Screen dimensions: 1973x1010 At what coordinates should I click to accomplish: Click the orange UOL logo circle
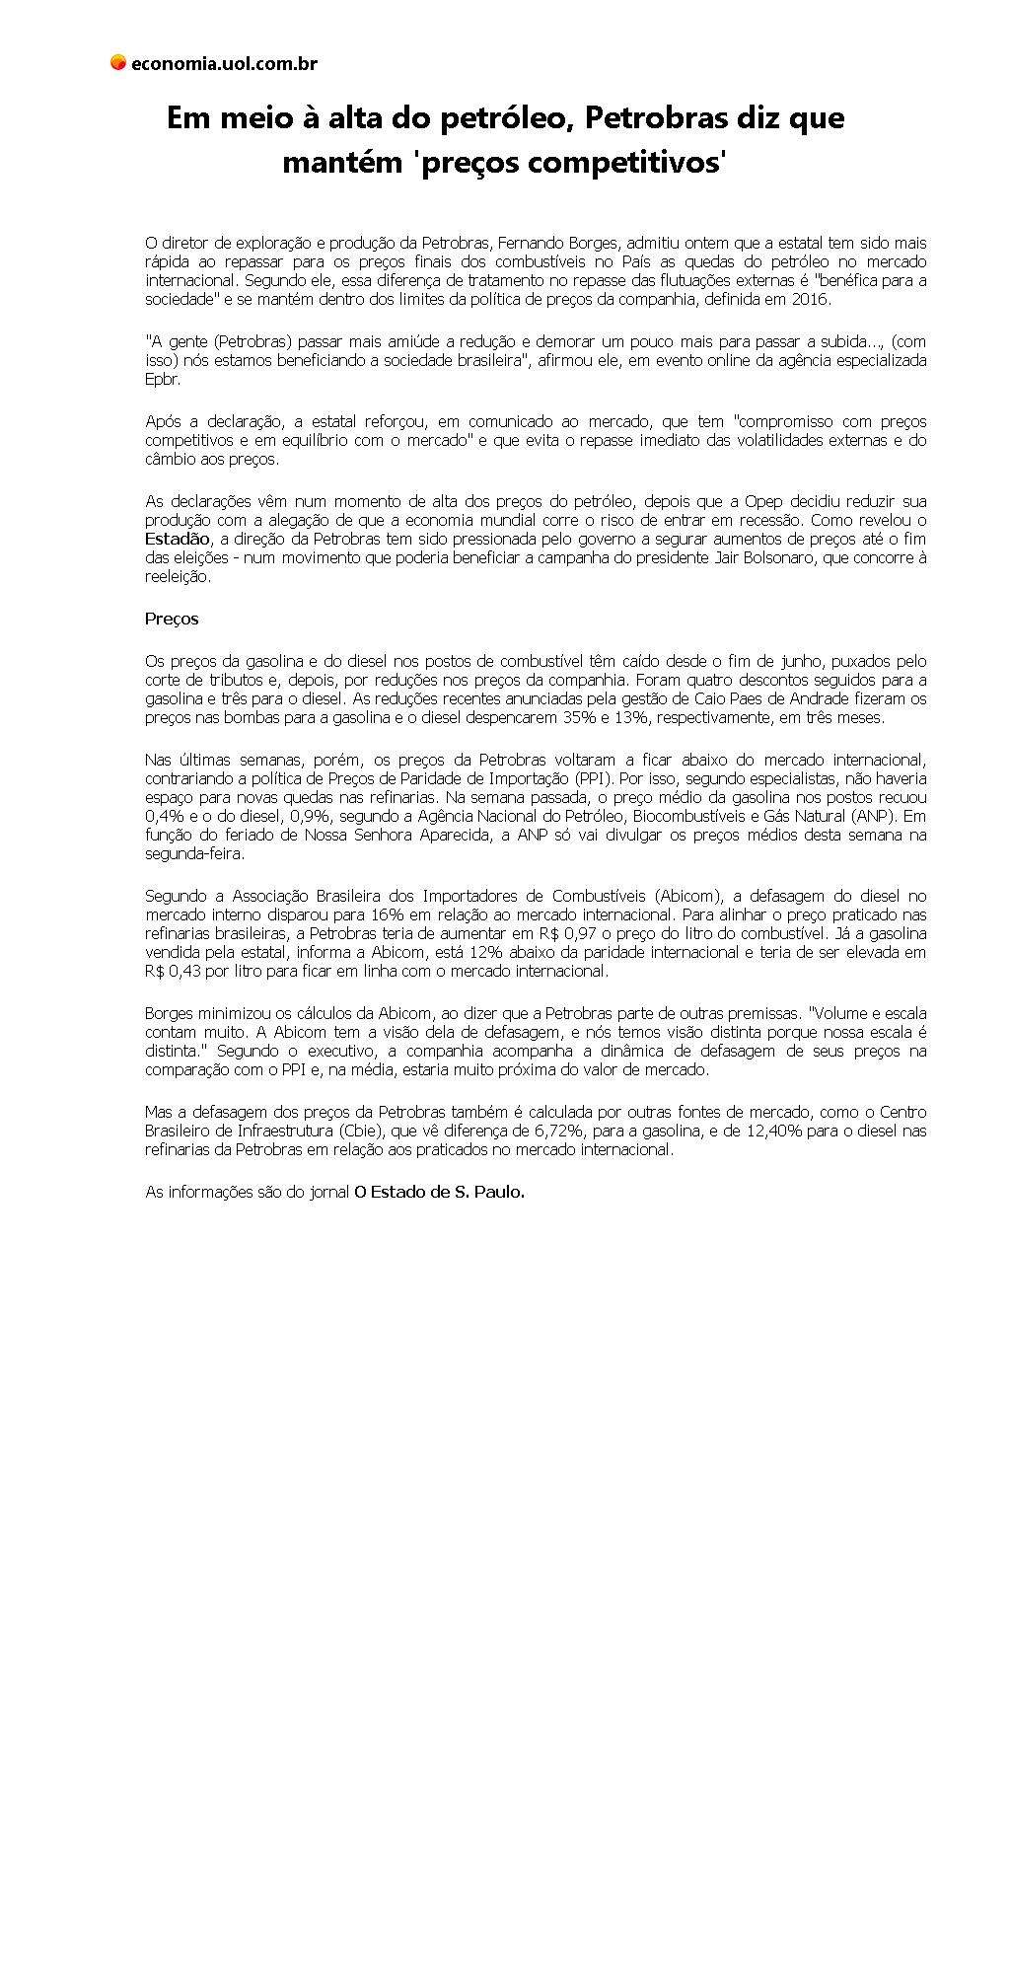pyautogui.click(x=118, y=63)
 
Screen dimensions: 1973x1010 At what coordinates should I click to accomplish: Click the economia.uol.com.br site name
pyautogui.click(x=224, y=64)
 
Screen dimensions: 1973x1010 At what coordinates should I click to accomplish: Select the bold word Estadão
pyautogui.click(x=178, y=539)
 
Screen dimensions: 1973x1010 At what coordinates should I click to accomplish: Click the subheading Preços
pyautogui.click(x=172, y=619)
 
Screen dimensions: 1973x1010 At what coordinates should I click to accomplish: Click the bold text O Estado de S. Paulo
pyautogui.click(x=440, y=1192)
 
